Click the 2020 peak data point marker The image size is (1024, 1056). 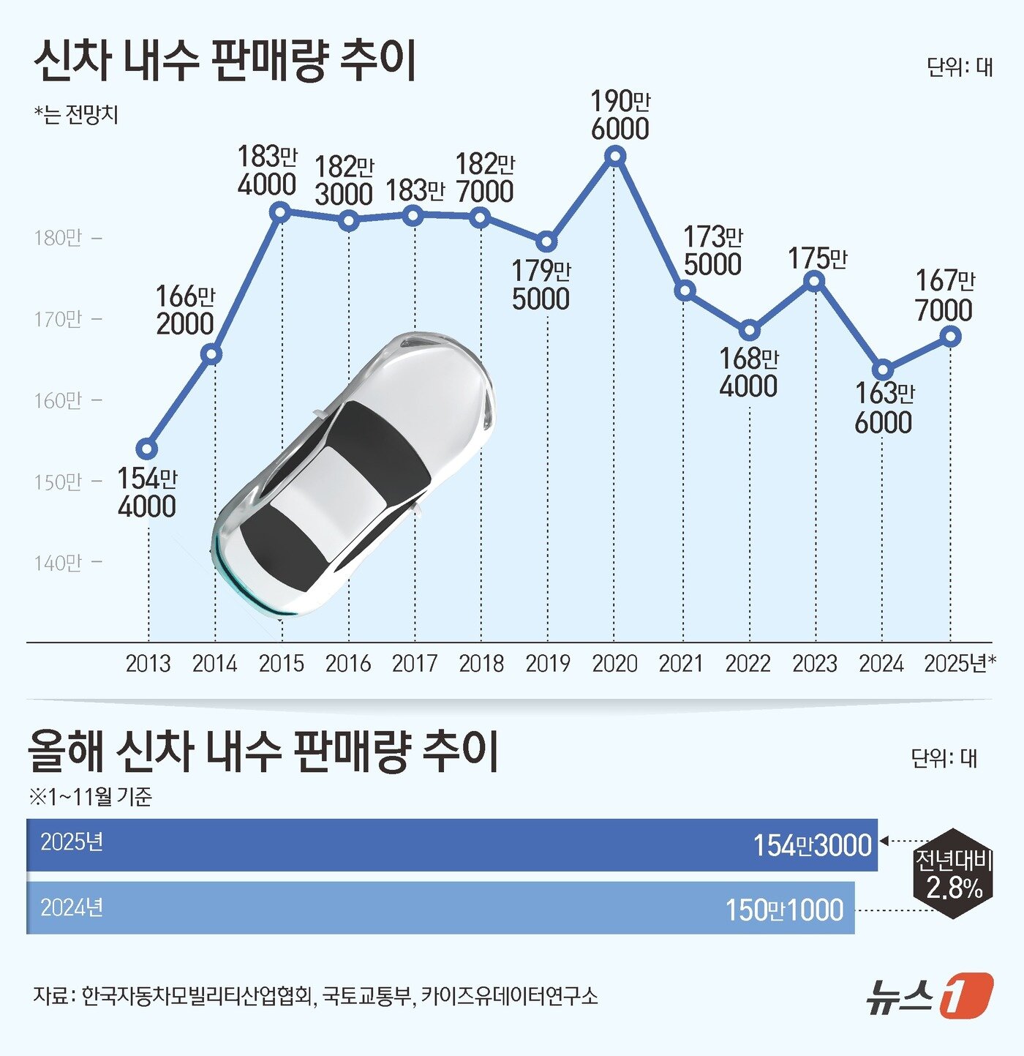[616, 156]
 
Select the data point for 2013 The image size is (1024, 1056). [147, 449]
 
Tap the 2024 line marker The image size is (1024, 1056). [883, 370]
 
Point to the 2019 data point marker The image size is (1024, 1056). [547, 241]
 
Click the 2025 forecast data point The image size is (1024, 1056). [950, 337]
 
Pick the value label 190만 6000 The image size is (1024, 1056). [620, 115]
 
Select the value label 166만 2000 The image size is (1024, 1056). [185, 310]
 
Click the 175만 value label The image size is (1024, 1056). [817, 258]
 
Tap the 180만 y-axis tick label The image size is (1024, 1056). [59, 238]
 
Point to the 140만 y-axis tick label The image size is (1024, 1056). [59, 563]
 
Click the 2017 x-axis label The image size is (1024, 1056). [415, 664]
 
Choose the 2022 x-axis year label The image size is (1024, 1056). [748, 664]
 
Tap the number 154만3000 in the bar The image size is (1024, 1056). [813, 845]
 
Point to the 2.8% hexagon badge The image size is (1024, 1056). [954, 874]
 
